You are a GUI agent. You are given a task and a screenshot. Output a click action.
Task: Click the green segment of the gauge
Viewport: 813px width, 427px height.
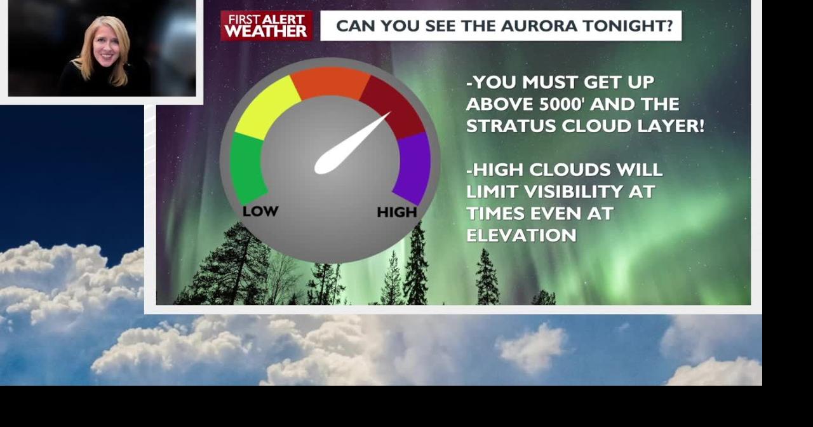247,168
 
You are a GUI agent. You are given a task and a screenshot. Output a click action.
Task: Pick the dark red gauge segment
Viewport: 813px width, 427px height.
392,105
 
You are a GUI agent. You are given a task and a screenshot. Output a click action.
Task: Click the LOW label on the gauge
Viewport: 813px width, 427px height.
260,211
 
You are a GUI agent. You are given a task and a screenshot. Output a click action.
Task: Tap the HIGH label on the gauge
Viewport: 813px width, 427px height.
397,212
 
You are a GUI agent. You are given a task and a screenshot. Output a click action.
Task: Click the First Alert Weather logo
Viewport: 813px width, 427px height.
267,26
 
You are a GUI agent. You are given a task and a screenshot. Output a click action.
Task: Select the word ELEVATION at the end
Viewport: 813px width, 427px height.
521,235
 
